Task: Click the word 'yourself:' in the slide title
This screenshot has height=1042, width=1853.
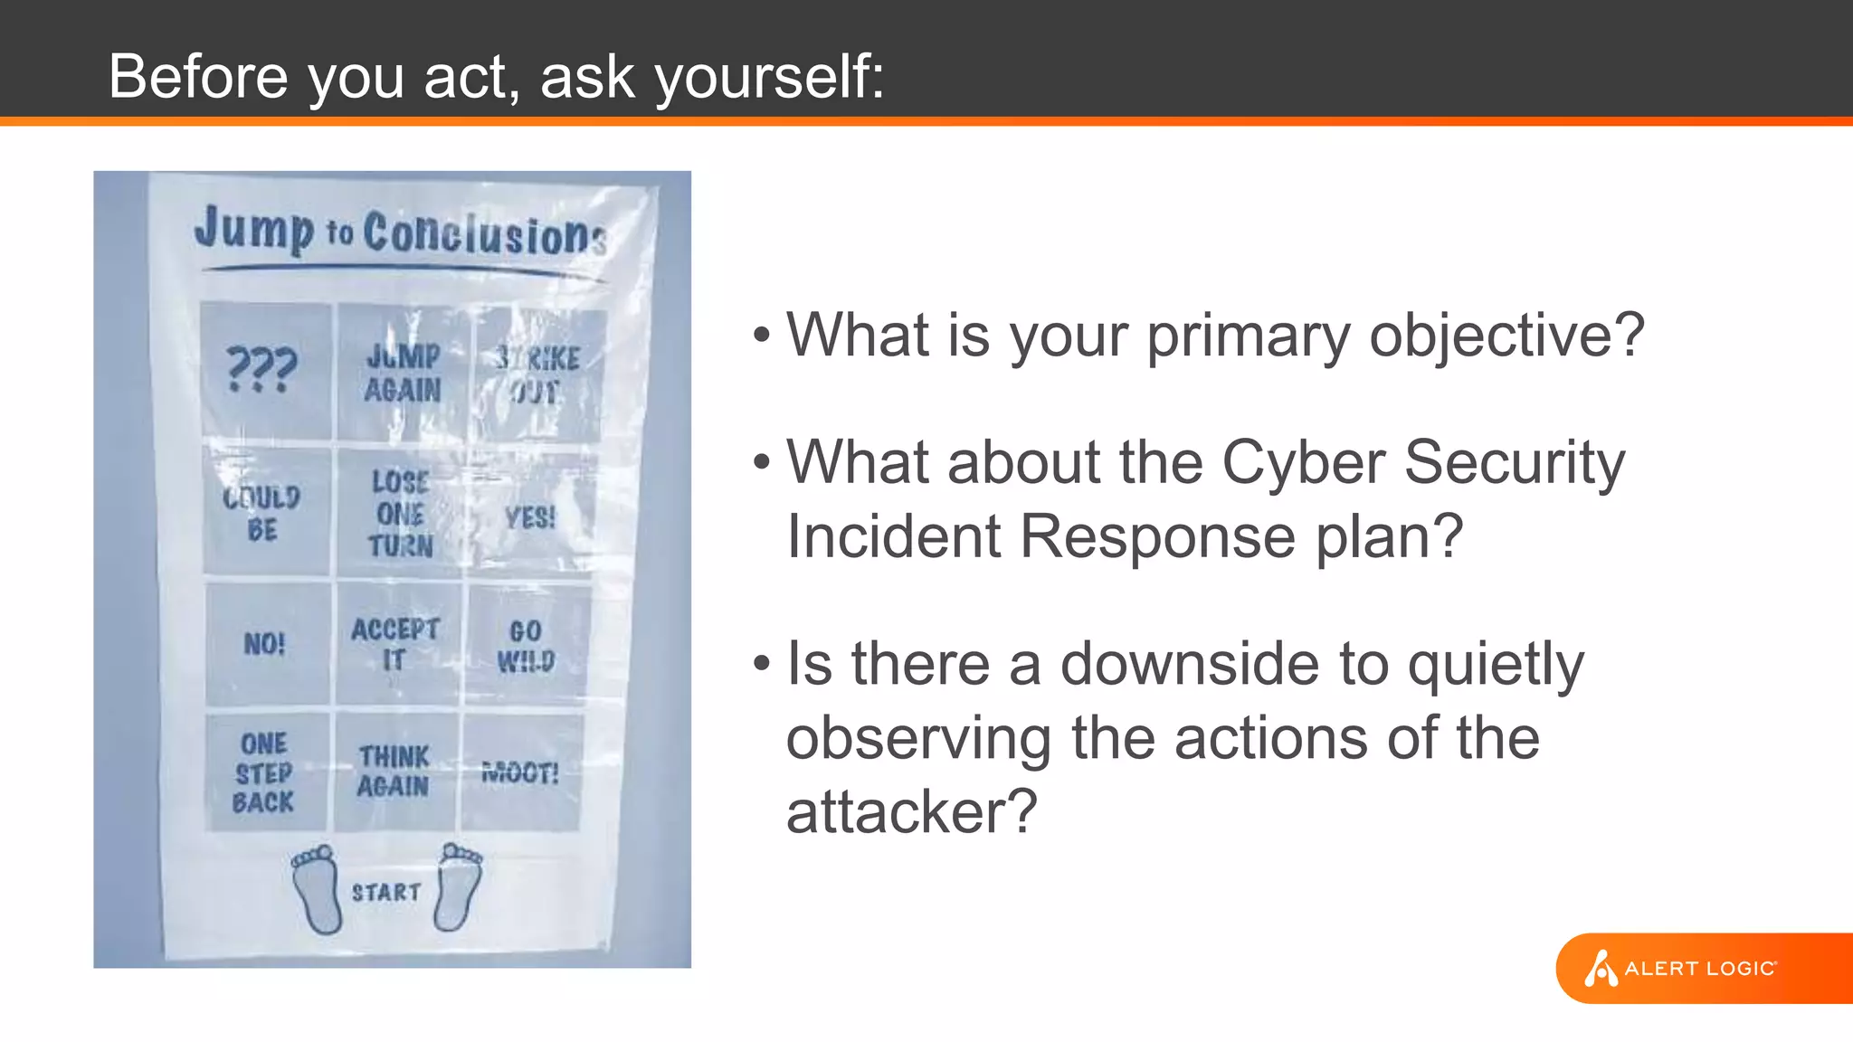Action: [769, 76]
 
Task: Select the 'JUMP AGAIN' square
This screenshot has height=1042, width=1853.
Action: [404, 373]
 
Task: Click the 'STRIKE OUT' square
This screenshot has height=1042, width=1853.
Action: [537, 374]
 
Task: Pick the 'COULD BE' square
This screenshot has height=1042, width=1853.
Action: [264, 512]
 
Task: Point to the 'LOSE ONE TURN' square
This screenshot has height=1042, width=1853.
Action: [400, 513]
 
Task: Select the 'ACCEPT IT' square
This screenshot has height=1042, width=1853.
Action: [396, 643]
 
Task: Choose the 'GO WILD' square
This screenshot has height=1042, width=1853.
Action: [527, 644]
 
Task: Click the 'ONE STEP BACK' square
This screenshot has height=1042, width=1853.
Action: [264, 772]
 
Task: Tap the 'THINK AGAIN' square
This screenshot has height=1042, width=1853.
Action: [394, 772]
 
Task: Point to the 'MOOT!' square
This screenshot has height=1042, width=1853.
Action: [520, 772]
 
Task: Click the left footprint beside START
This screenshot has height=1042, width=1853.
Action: [318, 889]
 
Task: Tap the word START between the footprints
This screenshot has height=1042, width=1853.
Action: [386, 893]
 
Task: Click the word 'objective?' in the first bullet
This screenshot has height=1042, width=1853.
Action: [1506, 336]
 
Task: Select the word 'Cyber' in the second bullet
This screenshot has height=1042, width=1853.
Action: [1304, 463]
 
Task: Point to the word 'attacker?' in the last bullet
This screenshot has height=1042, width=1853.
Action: [911, 811]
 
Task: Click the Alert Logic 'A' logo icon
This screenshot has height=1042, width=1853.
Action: [1600, 968]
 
